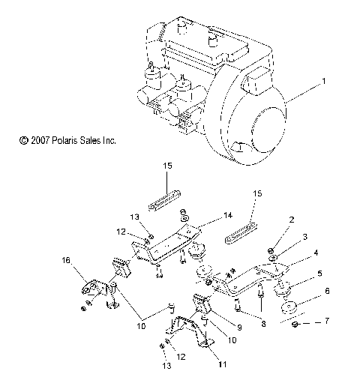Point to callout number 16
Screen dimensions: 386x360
tap(67, 262)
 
